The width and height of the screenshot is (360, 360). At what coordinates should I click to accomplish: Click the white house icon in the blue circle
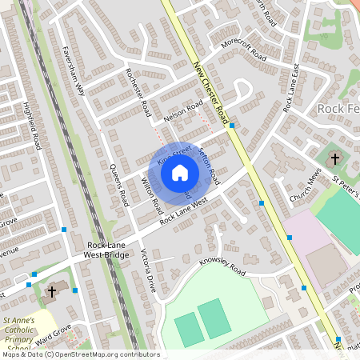[x=180, y=173]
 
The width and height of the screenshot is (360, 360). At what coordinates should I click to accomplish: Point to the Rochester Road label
[x=138, y=90]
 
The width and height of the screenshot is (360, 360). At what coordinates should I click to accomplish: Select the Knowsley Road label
[x=222, y=266]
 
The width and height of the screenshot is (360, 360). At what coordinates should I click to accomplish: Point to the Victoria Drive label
[x=149, y=272]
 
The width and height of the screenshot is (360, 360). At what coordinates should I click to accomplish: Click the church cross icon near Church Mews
[x=334, y=155]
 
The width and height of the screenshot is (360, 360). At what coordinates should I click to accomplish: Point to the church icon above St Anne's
[x=52, y=291]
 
